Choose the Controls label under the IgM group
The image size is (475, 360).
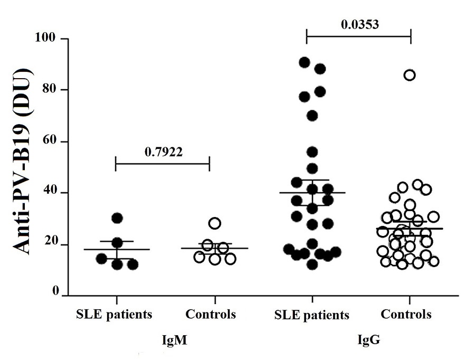210,315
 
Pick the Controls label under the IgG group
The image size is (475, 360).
406,315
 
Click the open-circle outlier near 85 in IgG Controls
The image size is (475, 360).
410,75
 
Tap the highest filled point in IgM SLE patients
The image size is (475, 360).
117,217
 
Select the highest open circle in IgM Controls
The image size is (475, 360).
215,223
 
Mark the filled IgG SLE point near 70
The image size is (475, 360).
312,116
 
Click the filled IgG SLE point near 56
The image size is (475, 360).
312,152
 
